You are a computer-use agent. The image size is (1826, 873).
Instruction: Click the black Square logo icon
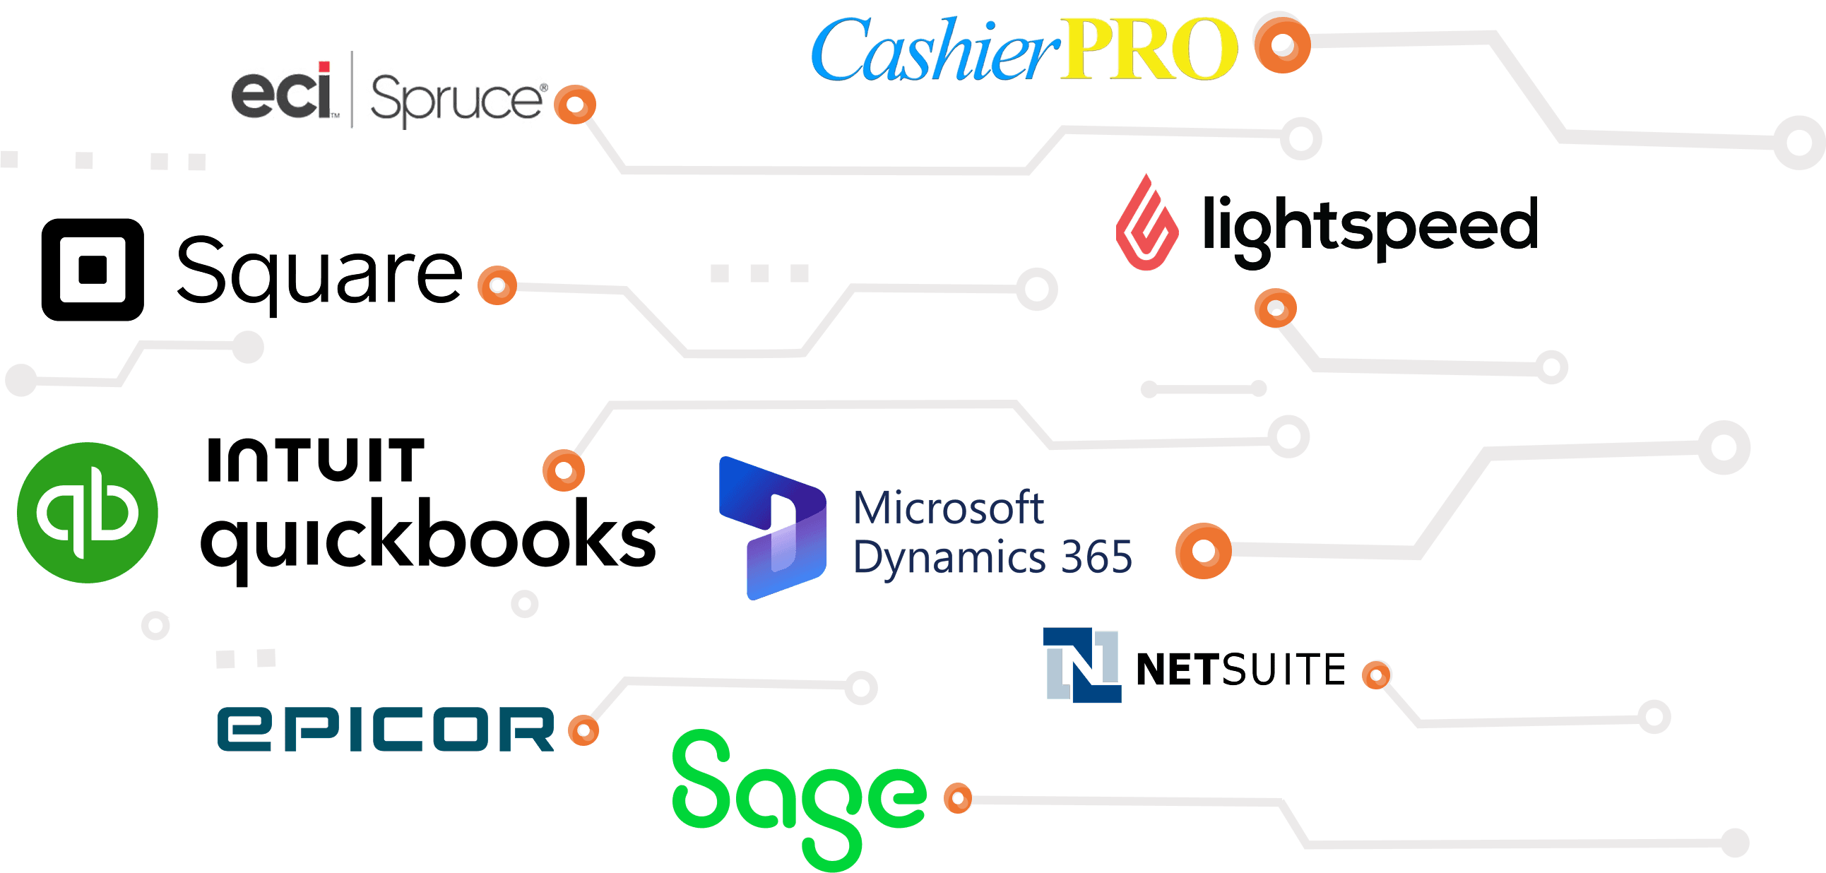point(92,269)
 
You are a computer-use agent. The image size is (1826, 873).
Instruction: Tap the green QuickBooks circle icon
point(87,512)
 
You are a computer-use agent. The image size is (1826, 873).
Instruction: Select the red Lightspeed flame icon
point(1146,224)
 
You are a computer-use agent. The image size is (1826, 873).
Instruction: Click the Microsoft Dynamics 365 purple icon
point(772,528)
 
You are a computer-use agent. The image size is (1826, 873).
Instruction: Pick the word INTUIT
point(316,461)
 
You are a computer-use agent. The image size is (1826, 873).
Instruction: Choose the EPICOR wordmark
point(386,728)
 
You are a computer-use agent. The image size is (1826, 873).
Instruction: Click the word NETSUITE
point(1240,669)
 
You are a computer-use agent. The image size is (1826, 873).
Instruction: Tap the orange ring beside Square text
point(497,285)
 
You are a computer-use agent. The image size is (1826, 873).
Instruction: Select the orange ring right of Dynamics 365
point(1203,551)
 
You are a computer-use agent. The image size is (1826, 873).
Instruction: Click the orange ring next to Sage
point(958,799)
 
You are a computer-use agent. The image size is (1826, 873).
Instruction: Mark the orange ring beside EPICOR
point(583,730)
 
